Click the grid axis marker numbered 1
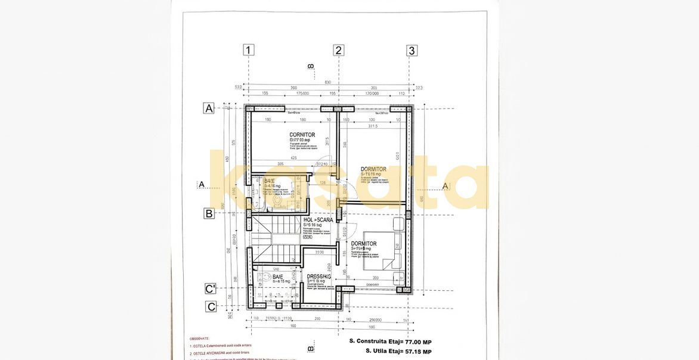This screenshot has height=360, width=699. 249,50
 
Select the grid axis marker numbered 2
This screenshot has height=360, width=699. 339,50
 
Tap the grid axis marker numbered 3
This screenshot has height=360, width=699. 412,50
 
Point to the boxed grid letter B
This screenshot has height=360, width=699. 209,213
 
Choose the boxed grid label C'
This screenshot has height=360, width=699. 211,289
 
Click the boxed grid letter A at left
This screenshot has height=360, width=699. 209,108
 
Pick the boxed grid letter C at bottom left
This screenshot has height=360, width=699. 211,307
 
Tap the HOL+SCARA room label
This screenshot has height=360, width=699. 318,220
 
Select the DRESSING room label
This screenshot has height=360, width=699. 318,277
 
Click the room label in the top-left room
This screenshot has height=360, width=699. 302,135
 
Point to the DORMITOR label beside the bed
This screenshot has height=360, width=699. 363,244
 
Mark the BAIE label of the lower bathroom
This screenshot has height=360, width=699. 278,277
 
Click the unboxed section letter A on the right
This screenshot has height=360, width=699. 445,185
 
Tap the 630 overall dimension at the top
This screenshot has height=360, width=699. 327,82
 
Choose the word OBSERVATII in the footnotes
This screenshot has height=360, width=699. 200,339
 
